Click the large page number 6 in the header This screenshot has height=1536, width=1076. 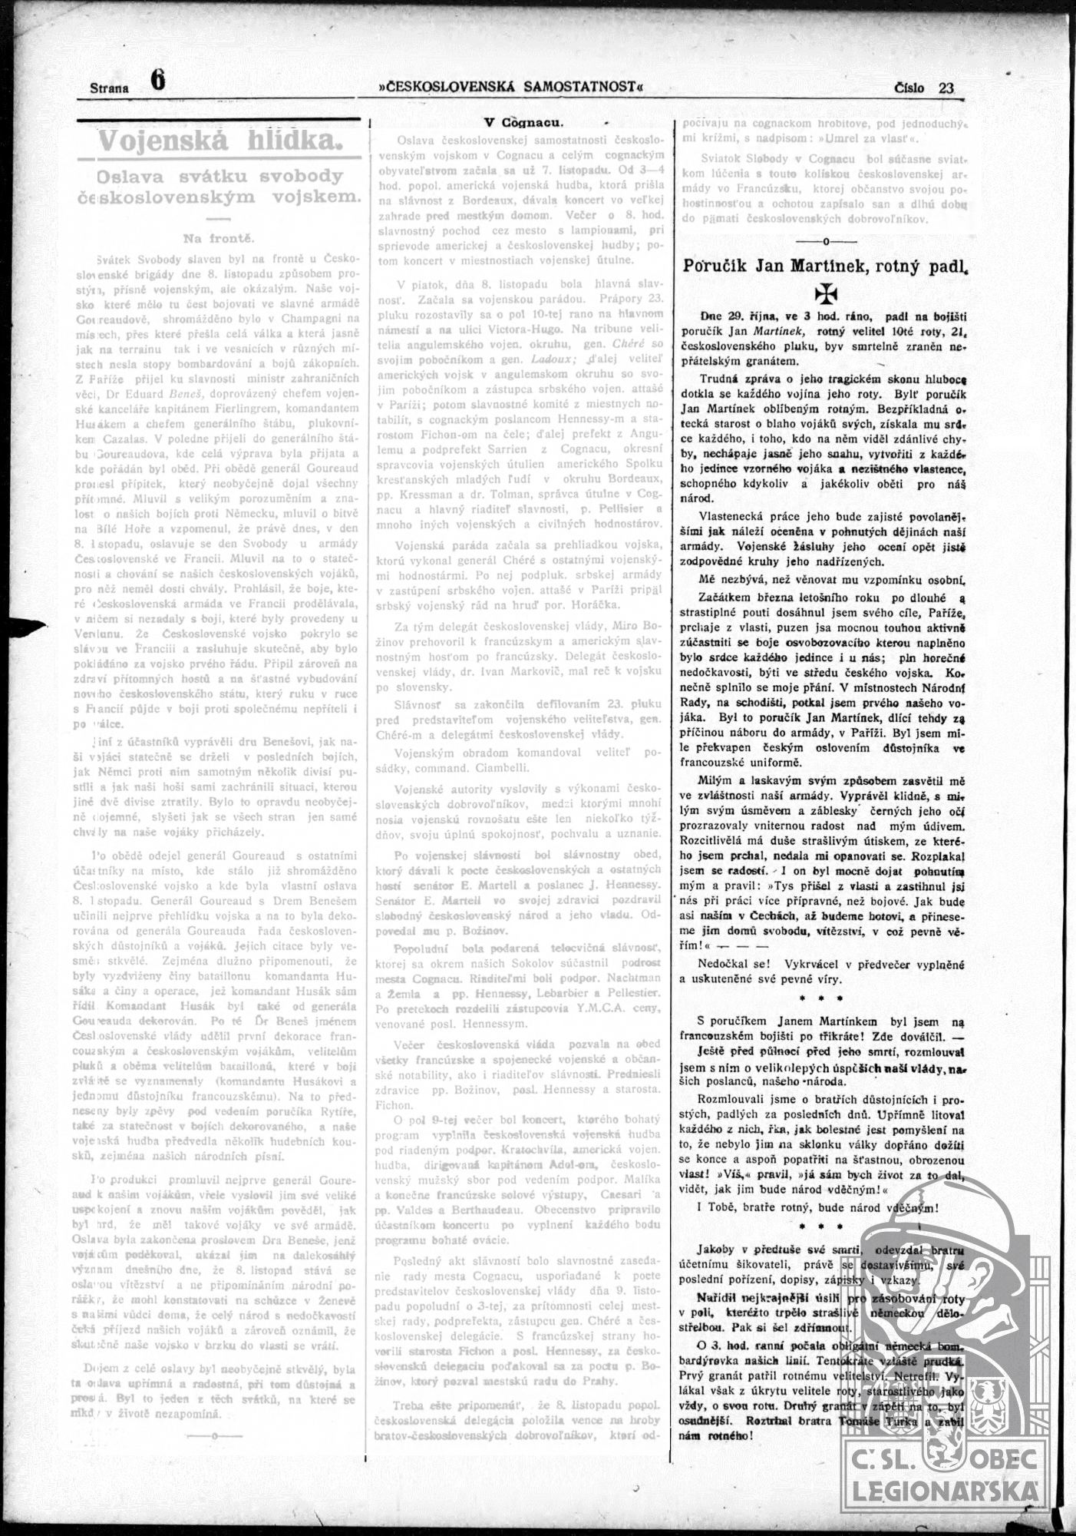point(158,80)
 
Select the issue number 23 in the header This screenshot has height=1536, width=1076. point(946,88)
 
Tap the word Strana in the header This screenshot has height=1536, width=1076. point(109,88)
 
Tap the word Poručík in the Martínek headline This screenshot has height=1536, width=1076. point(719,266)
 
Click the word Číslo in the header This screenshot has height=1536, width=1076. point(909,88)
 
